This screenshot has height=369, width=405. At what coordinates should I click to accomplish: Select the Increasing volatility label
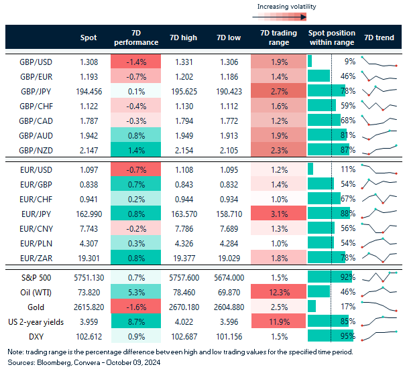(x=287, y=7)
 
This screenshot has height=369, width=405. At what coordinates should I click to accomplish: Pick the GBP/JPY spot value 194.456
(x=83, y=90)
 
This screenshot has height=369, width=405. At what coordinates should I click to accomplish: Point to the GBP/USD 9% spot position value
(x=349, y=61)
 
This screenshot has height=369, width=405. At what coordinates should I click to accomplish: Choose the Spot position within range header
(x=332, y=38)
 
